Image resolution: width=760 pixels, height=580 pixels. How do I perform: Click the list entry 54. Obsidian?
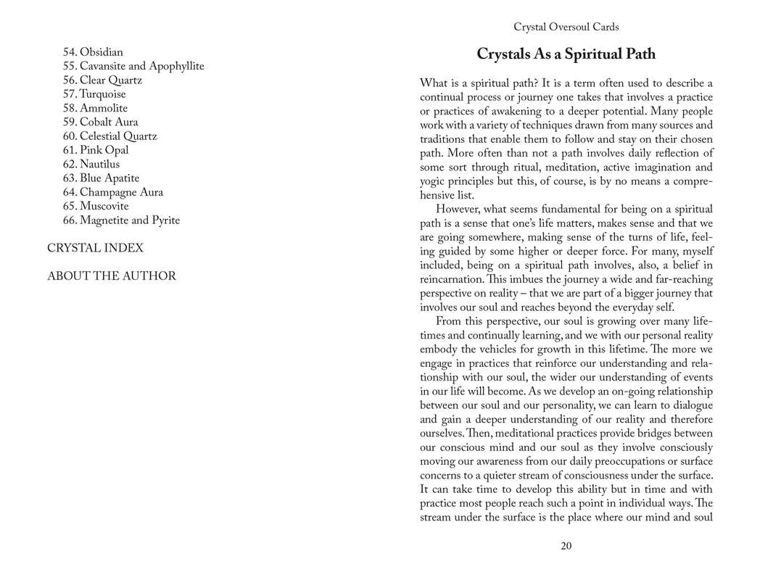coord(93,52)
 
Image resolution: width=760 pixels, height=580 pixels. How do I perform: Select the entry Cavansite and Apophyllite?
coord(133,67)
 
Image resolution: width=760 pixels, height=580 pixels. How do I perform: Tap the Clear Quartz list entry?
coord(102,80)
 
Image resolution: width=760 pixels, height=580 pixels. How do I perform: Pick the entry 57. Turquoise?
coord(94,94)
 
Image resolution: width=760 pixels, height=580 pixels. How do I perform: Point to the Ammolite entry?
coord(95,109)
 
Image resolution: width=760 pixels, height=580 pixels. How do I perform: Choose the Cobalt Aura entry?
coord(100,123)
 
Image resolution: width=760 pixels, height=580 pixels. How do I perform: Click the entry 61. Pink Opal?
coord(96,150)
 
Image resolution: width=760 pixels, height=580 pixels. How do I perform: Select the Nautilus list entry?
coord(91,165)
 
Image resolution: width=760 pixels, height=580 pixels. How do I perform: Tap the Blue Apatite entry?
coord(101,178)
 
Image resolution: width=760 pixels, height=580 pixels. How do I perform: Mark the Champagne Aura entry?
coord(112,192)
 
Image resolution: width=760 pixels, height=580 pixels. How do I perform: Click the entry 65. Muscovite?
coord(96,207)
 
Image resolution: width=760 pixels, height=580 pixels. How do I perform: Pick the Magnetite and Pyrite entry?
coord(121,220)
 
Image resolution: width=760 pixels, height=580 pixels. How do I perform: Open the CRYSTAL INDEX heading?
coord(95,248)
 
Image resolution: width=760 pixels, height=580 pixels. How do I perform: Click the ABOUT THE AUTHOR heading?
coord(112,276)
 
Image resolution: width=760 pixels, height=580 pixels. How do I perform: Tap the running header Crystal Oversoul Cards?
coord(566,27)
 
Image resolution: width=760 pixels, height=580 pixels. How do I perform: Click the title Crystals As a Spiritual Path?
coord(566,54)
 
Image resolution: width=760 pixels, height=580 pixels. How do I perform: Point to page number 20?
coord(566,546)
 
